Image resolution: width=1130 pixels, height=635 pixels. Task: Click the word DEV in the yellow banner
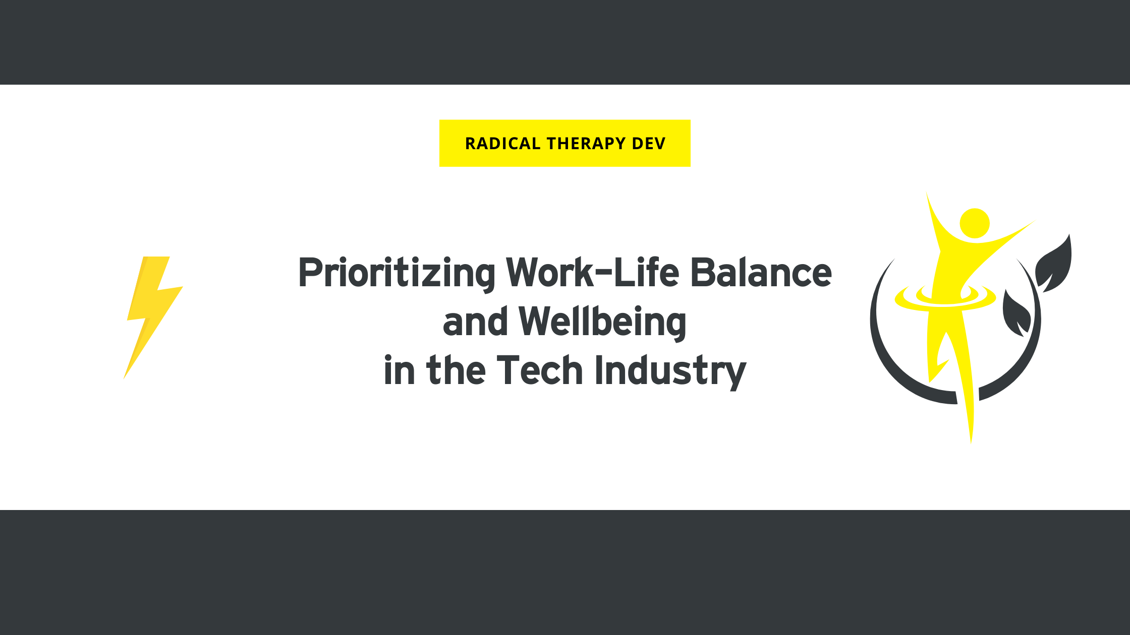[x=649, y=144]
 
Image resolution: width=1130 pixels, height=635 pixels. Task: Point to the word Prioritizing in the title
[x=397, y=274]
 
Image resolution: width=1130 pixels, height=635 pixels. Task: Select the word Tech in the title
[x=540, y=370]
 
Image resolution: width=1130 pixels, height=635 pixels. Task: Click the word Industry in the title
[x=670, y=372]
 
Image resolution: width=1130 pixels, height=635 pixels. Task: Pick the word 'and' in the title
[x=475, y=321]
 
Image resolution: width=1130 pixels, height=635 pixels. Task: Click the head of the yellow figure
[x=975, y=223]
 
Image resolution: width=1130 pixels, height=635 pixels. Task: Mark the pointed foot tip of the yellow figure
[x=971, y=442]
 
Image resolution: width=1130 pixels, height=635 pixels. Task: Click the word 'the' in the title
[x=456, y=370]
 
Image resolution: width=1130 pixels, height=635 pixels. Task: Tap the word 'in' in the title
[x=400, y=370]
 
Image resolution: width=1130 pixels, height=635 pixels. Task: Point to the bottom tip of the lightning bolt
[x=124, y=378]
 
